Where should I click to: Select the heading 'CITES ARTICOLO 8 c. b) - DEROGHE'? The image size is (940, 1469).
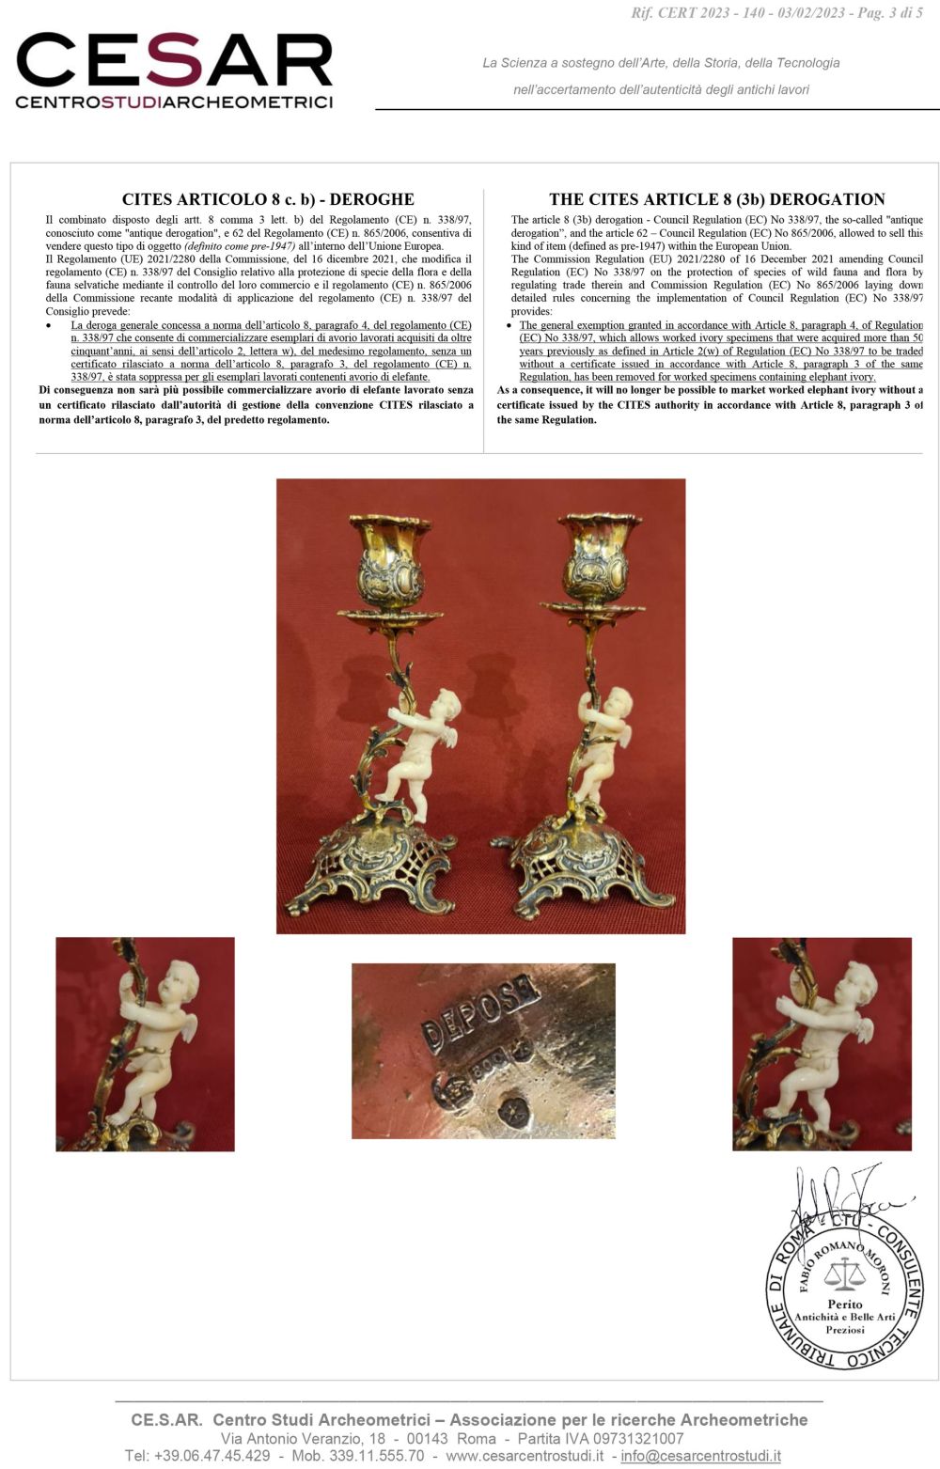(x=268, y=199)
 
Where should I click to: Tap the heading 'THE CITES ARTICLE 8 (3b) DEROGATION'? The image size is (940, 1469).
(x=716, y=199)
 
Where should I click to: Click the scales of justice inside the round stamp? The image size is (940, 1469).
(x=843, y=1275)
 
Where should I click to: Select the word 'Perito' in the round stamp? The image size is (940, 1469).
(x=845, y=1305)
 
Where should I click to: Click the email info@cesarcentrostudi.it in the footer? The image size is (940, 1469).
(x=700, y=1456)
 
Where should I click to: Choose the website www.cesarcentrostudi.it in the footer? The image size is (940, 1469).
(x=525, y=1456)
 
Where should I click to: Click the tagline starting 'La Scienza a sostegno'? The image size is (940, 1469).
(x=661, y=63)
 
